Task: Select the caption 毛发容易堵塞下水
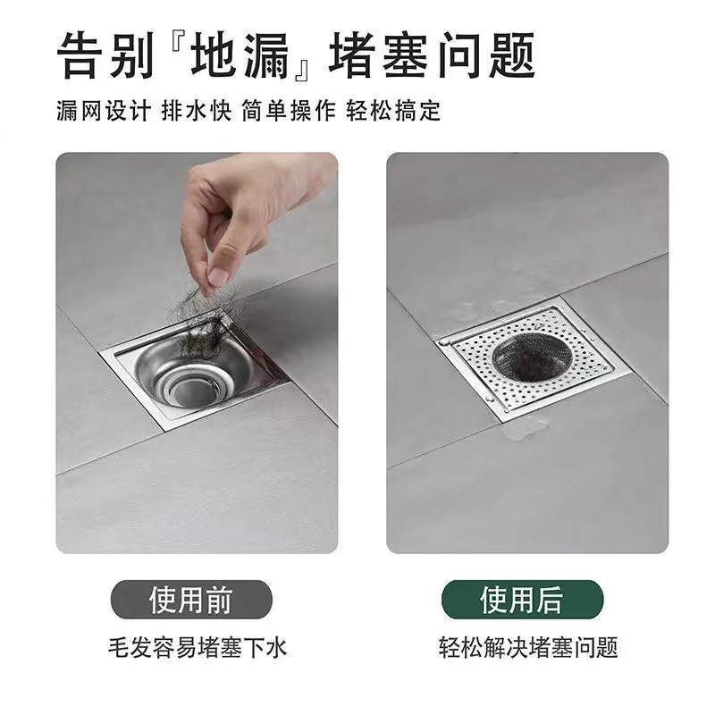[x=197, y=646]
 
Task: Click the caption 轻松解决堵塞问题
[x=527, y=646]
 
